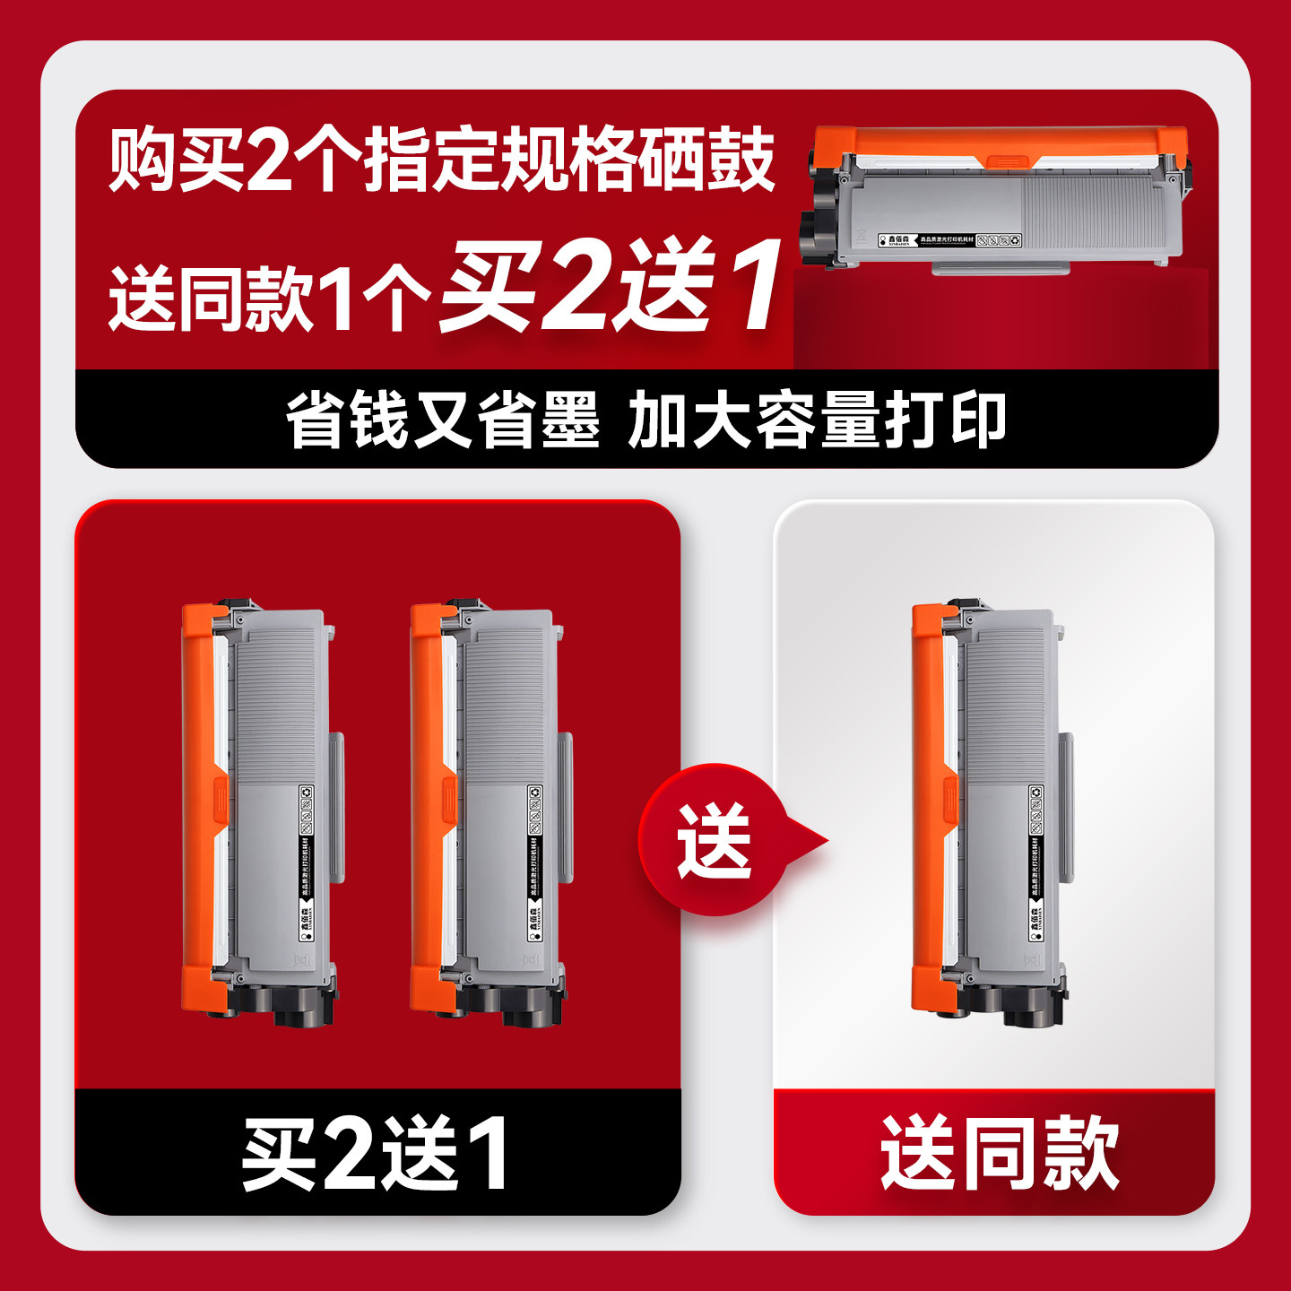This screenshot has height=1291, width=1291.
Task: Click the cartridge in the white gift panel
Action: point(992,811)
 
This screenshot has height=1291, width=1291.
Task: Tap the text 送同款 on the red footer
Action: point(999,1153)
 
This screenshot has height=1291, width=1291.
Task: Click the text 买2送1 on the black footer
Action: point(376,1153)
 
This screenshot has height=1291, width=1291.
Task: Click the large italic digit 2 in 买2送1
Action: point(577,285)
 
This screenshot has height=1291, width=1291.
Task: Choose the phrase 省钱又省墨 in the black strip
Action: point(442,420)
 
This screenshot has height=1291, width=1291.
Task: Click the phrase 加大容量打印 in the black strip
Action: point(817,420)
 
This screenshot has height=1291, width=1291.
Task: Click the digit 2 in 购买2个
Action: point(270,160)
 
